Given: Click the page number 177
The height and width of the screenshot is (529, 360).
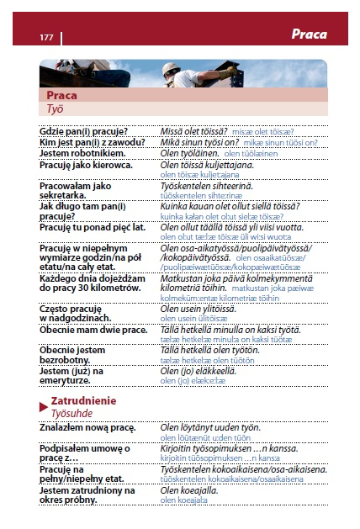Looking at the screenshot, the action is point(46,37).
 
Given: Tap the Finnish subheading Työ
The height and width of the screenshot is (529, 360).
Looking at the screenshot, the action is point(55,108).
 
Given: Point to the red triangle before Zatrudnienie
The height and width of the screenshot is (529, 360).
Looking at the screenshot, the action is point(43,406).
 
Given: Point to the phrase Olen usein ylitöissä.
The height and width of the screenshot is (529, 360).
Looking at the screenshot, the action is point(199,309).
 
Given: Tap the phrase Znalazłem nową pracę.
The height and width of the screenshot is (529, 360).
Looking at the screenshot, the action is point(87,428).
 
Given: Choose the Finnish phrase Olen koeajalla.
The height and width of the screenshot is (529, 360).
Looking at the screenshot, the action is point(191,489).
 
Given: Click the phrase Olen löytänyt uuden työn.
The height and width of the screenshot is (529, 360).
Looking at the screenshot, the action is point(206,428).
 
